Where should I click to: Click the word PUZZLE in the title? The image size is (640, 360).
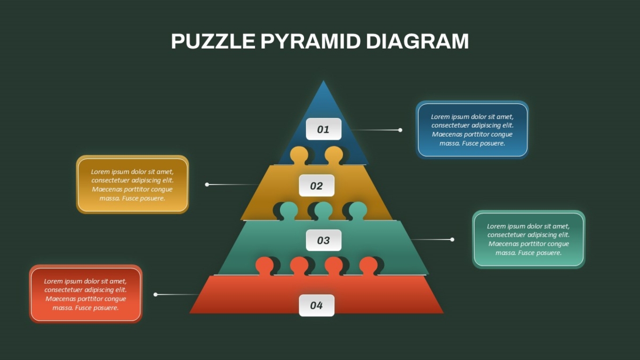tap(213, 42)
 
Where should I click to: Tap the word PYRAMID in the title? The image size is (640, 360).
tap(310, 42)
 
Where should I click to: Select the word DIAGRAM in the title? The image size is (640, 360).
tap(418, 42)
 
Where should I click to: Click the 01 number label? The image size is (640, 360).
tap(323, 129)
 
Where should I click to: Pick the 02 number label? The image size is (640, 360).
tap(317, 186)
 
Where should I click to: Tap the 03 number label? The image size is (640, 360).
tap(323, 241)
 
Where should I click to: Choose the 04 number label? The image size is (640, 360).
tap(317, 306)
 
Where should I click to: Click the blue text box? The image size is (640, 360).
tap(473, 130)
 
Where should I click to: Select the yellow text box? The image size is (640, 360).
tap(132, 185)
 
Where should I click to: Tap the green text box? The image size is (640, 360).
tap(529, 239)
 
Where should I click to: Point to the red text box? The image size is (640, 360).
tap(86, 294)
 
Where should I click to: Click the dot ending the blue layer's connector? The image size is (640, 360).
tap(401, 130)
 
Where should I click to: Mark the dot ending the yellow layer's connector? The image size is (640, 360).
tap(207, 185)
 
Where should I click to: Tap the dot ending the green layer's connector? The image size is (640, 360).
tap(452, 239)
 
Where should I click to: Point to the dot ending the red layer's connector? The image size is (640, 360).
tap(155, 294)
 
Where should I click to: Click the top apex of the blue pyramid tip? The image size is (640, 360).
tap(323, 81)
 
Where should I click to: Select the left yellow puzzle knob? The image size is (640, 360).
tap(299, 155)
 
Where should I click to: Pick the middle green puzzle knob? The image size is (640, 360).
tap(323, 211)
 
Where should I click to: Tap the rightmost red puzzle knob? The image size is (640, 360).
tap(369, 266)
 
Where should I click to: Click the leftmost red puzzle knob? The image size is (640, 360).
tap(265, 266)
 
